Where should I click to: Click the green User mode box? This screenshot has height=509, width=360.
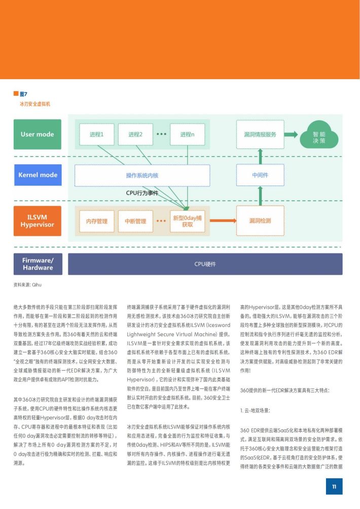pyautogui.click(x=38, y=134)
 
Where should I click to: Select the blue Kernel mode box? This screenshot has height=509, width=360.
pyautogui.click(x=38, y=175)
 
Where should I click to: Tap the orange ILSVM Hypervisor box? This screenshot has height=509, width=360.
pyautogui.click(x=38, y=221)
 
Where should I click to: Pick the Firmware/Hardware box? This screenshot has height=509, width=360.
pyautogui.click(x=38, y=264)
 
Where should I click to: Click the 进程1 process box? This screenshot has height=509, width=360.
pyautogui.click(x=97, y=134)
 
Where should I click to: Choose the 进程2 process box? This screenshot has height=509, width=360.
pyautogui.click(x=135, y=134)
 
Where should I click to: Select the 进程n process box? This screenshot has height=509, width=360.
pyautogui.click(x=187, y=134)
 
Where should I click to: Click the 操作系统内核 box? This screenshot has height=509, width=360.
pyautogui.click(x=142, y=175)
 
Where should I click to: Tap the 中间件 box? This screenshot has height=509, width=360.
pyautogui.click(x=260, y=175)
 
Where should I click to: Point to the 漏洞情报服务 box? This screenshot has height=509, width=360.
pyautogui.click(x=260, y=134)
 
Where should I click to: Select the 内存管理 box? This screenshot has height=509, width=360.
pyautogui.click(x=97, y=222)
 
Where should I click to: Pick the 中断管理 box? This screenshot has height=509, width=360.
pyautogui.click(x=135, y=222)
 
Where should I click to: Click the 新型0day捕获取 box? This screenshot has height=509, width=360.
pyautogui.click(x=187, y=222)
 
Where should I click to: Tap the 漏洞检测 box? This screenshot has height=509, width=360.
pyautogui.click(x=260, y=221)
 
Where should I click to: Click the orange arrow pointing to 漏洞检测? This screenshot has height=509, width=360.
pyautogui.click(x=223, y=221)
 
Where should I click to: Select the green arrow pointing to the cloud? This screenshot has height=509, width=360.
pyautogui.click(x=291, y=134)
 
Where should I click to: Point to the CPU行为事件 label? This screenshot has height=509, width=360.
pyautogui.click(x=142, y=193)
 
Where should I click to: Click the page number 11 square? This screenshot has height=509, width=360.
pyautogui.click(x=334, y=486)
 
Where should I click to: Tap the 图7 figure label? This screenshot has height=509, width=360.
pyautogui.click(x=23, y=94)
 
